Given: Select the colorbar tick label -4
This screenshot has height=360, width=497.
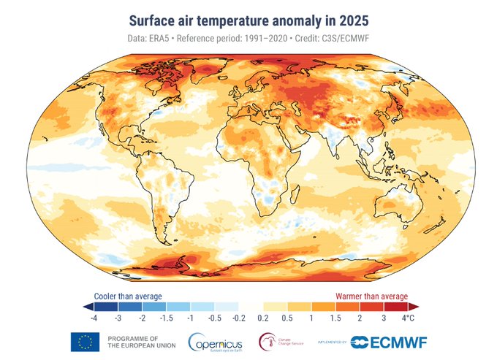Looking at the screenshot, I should click(x=94, y=319).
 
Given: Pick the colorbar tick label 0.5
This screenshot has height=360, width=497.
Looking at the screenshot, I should click(x=287, y=319).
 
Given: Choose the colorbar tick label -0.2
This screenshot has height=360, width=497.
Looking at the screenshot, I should click(x=238, y=319).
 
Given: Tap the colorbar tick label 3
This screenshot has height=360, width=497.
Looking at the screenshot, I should click(x=384, y=319).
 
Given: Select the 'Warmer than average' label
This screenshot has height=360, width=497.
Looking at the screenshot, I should click(x=371, y=296).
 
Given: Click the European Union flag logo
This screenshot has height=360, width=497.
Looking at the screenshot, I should click(x=85, y=342).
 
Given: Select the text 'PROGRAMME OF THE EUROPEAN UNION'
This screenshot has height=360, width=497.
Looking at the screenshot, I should click(x=137, y=342).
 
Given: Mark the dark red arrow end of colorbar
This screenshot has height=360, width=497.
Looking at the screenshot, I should click(x=413, y=307).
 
